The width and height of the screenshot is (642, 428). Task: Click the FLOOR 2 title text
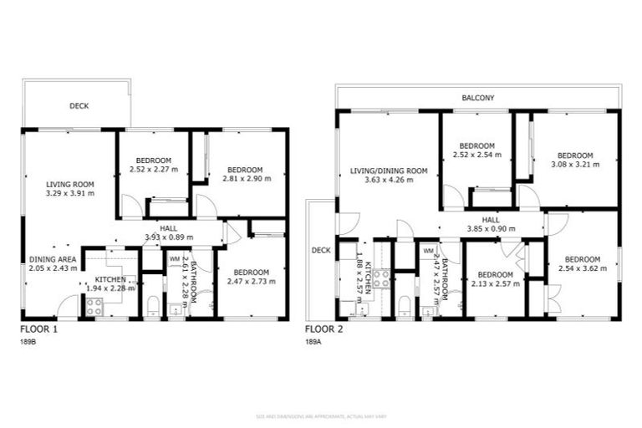coord(323,329)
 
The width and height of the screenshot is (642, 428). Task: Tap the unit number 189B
coord(28,342)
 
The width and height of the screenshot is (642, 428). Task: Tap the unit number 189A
coord(313,342)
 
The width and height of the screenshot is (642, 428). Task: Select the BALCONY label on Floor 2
coord(478,98)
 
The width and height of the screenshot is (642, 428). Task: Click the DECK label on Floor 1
coord(79,106)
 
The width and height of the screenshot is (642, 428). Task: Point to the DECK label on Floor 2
coord(321,249)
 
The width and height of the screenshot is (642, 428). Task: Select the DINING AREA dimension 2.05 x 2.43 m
coord(52,269)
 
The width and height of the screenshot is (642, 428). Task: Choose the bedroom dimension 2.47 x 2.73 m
coord(251,282)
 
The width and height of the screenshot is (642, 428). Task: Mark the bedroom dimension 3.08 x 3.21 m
coord(575,165)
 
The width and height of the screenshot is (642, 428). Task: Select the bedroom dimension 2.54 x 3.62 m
coord(581,269)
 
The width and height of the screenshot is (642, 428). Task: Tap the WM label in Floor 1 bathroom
coord(174,259)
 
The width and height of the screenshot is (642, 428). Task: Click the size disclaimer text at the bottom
coord(321,416)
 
